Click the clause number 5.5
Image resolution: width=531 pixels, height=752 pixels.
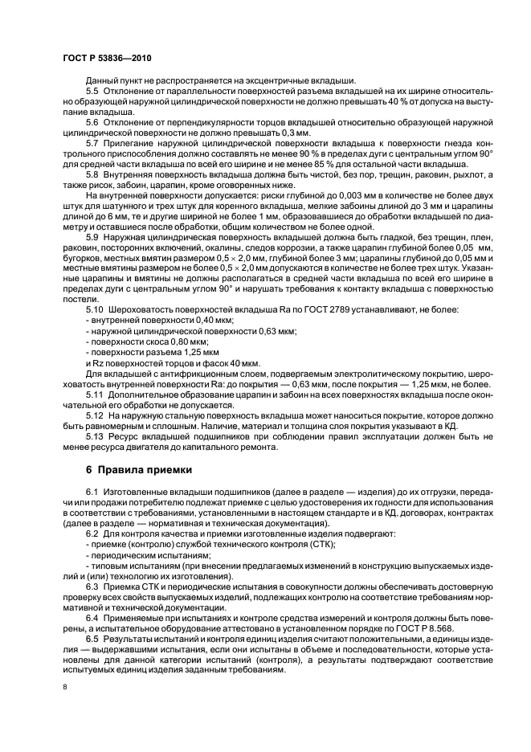coord(92,92)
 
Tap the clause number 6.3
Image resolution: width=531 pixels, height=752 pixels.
coord(92,585)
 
